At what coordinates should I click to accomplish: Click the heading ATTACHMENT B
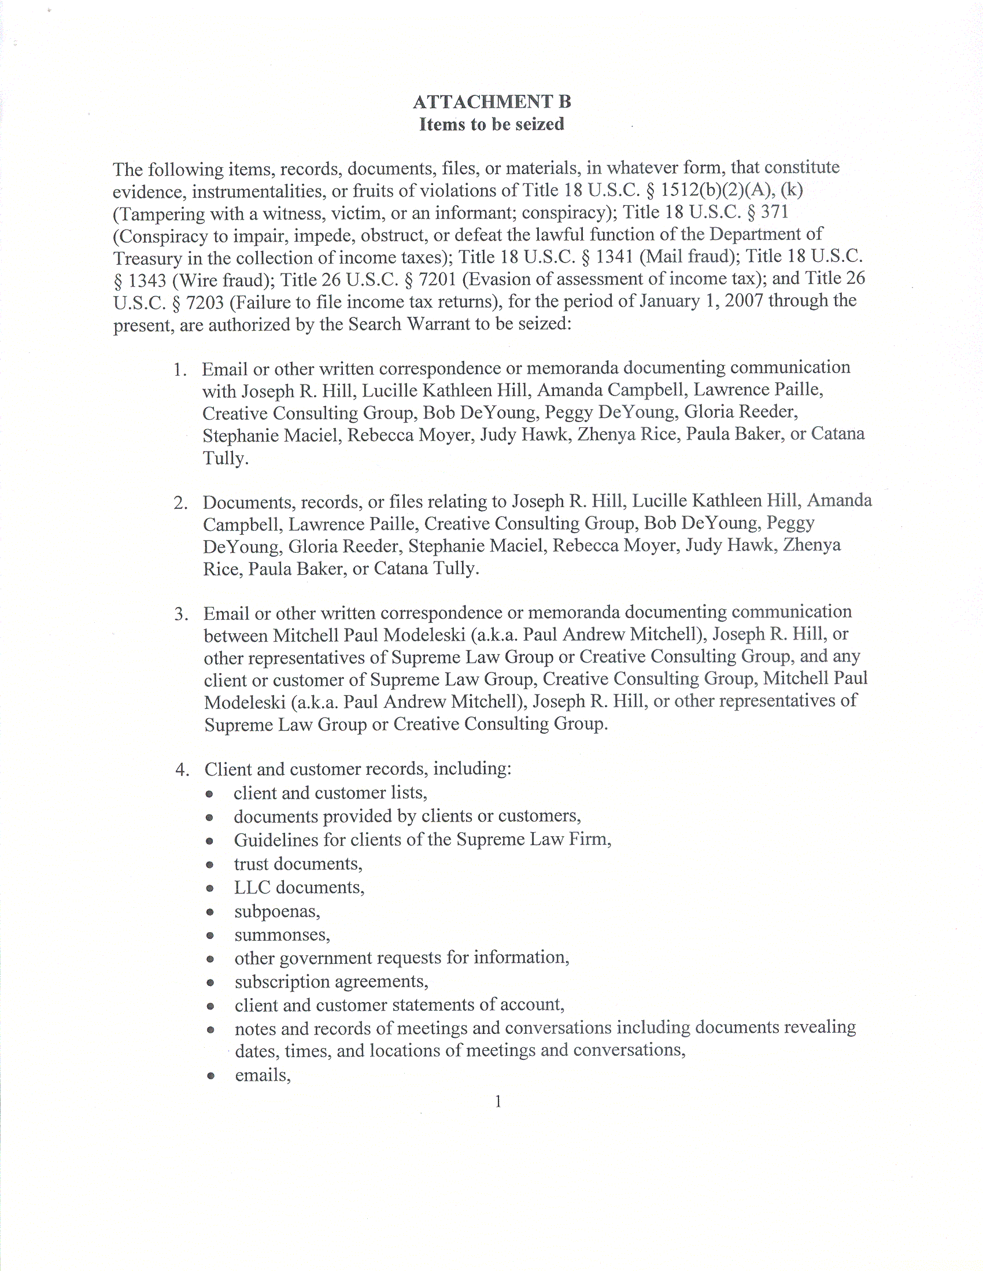[492, 102]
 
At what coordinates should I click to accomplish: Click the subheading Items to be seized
[492, 124]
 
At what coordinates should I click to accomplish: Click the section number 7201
[437, 280]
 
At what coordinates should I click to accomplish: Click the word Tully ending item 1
[226, 459]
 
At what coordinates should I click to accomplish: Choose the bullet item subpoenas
[277, 911]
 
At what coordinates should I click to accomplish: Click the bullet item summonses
[282, 935]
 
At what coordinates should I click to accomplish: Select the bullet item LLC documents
[299, 888]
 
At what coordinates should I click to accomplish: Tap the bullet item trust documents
[298, 864]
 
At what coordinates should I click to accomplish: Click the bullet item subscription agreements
[331, 982]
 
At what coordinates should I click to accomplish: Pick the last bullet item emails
[263, 1076]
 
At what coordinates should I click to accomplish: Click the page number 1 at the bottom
[498, 1101]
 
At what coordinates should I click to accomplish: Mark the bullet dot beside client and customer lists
[209, 795]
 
